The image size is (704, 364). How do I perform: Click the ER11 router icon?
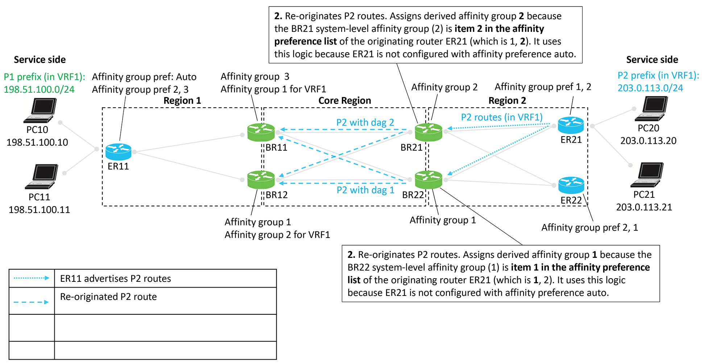[118, 152]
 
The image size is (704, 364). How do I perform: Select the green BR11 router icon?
[261, 132]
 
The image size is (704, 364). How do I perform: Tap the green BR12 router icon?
[261, 180]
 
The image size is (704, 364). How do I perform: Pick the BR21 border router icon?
[428, 132]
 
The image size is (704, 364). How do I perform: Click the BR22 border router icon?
[428, 180]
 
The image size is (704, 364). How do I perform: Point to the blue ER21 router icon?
[571, 125]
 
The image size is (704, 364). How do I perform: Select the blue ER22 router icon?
[571, 185]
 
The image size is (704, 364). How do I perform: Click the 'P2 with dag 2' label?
[365, 122]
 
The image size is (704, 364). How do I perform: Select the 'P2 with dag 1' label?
[365, 190]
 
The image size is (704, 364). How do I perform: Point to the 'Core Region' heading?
[344, 101]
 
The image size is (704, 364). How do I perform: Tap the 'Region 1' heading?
[182, 101]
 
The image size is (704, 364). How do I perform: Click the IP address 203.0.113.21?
[644, 207]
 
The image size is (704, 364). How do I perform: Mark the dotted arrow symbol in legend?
[31, 278]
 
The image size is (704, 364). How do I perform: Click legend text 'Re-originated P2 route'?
[108, 297]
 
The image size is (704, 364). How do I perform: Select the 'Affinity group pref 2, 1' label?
[589, 227]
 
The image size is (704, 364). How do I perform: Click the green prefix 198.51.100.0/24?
[39, 89]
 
